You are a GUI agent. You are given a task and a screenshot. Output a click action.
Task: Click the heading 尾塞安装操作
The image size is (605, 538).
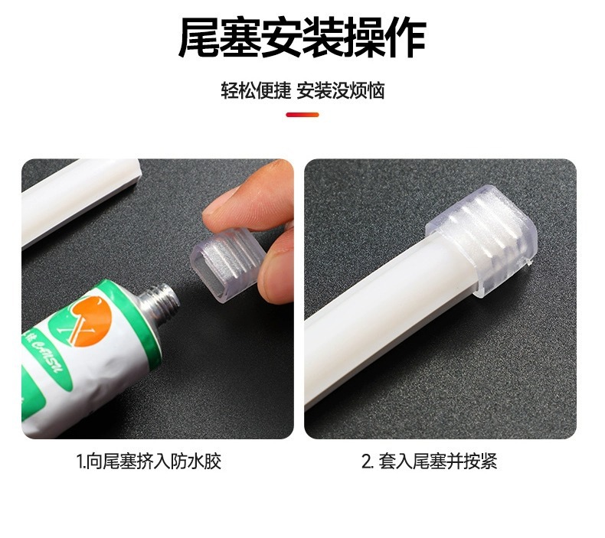click(302, 37)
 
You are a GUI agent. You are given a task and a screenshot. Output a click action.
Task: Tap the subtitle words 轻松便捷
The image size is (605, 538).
click(256, 91)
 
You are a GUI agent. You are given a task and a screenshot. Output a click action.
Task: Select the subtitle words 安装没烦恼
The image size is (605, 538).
click(340, 91)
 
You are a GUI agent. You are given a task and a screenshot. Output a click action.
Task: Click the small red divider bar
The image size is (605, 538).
click(302, 115)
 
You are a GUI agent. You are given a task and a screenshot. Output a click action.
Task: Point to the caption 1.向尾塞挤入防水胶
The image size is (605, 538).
click(149, 461)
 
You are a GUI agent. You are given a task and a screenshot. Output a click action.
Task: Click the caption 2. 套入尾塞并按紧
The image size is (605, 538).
click(429, 461)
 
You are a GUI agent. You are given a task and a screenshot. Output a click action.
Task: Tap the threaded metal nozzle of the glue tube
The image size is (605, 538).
click(159, 302)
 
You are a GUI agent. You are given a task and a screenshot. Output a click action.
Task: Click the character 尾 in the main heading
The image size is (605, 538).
click(199, 37)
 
